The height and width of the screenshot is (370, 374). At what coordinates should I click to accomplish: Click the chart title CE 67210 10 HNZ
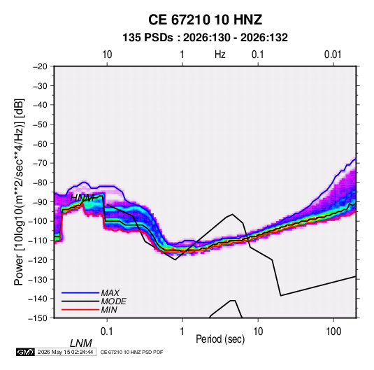pyautogui.click(x=205, y=20)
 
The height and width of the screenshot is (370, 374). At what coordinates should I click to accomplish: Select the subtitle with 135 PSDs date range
pyautogui.click(x=205, y=38)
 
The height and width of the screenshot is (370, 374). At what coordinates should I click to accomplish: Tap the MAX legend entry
pyautogui.click(x=91, y=292)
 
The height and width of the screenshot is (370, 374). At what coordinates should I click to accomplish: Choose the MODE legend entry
pyautogui.click(x=94, y=301)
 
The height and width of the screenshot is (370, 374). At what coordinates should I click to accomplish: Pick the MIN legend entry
pyautogui.click(x=89, y=310)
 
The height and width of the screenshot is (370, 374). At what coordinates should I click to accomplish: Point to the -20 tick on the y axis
pyautogui.click(x=40, y=66)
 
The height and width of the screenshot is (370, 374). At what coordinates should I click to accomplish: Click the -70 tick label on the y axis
pyautogui.click(x=40, y=163)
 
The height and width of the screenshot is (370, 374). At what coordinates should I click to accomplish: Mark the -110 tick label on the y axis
pyautogui.click(x=38, y=241)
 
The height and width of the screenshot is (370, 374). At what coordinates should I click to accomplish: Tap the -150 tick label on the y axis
pyautogui.click(x=38, y=318)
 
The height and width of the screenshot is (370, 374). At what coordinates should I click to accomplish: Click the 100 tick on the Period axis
pyautogui.click(x=333, y=332)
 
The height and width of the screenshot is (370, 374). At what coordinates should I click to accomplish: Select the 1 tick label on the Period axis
pyautogui.click(x=182, y=332)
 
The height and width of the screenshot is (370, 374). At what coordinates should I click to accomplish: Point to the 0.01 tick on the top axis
pyautogui.click(x=333, y=55)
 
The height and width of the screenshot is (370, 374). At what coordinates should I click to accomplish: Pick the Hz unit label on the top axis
pyautogui.click(x=220, y=55)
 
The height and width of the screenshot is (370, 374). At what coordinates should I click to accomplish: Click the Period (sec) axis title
pyautogui.click(x=220, y=339)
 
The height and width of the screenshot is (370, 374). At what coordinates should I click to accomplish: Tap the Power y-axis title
pyautogui.click(x=19, y=192)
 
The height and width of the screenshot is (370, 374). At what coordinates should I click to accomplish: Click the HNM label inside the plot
pyautogui.click(x=82, y=198)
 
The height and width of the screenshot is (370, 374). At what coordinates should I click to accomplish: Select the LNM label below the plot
pyautogui.click(x=81, y=343)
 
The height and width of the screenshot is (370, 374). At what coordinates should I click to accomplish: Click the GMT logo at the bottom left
pyautogui.click(x=26, y=352)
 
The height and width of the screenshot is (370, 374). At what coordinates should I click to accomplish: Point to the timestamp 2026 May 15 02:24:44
pyautogui.click(x=65, y=352)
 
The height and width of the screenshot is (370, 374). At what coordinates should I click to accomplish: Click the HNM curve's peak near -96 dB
pyautogui.click(x=232, y=214)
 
